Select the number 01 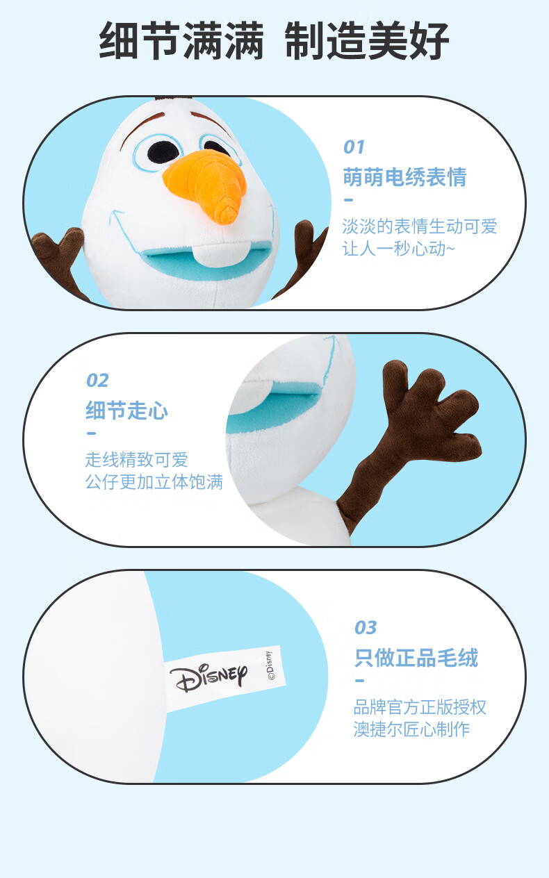pyautogui.click(x=354, y=147)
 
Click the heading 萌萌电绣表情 pyautogui.click(x=404, y=176)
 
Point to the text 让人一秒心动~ pyautogui.click(x=398, y=249)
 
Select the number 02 pyautogui.click(x=97, y=380)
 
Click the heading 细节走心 pyautogui.click(x=126, y=411)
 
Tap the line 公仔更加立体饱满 pyautogui.click(x=154, y=482)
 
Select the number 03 pyautogui.click(x=366, y=627)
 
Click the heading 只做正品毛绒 pyautogui.click(x=416, y=657)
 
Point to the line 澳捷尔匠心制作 pyautogui.click(x=411, y=729)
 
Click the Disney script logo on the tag pyautogui.click(x=208, y=678)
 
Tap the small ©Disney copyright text pyautogui.click(x=270, y=665)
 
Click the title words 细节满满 pyautogui.click(x=181, y=41)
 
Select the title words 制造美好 pyautogui.click(x=367, y=41)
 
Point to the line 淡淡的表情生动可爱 pyautogui.click(x=420, y=226)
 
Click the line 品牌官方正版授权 pyautogui.click(x=420, y=707)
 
